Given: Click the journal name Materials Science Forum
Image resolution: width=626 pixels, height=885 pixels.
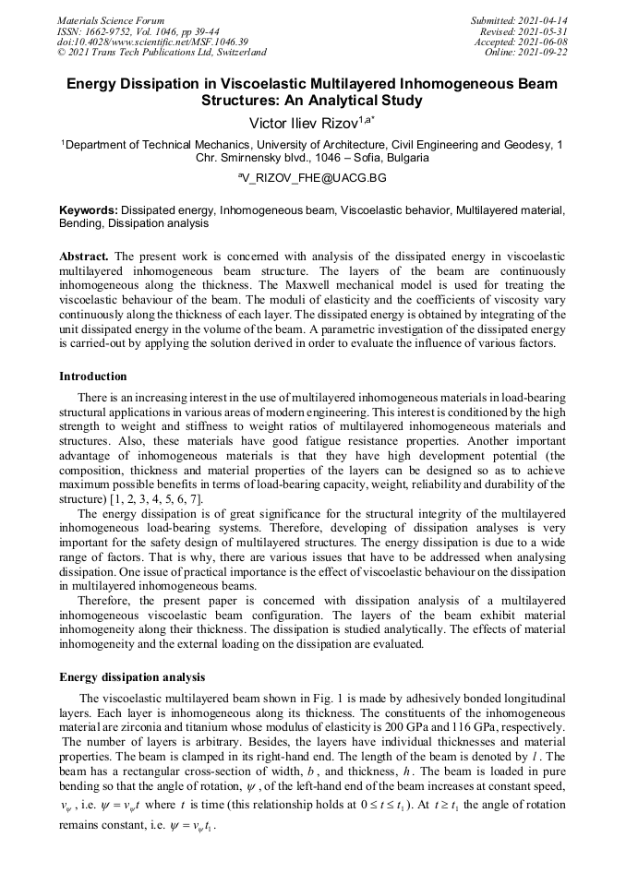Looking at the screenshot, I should pos(111,20).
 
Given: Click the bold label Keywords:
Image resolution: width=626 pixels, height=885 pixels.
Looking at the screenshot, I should pos(89,210).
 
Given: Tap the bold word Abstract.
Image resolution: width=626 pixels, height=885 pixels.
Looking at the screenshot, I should pos(84,255).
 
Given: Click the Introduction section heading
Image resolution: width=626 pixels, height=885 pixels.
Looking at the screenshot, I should pos(93,377).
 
